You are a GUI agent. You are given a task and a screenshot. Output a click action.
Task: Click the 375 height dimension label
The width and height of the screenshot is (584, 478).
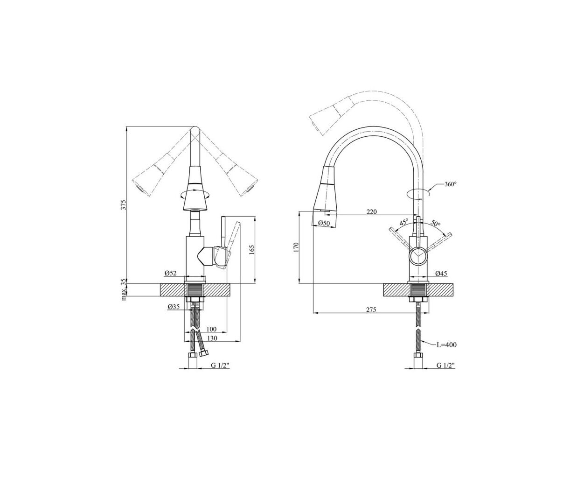(125, 204)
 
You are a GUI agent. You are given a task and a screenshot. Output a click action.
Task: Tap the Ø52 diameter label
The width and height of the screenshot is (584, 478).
(171, 273)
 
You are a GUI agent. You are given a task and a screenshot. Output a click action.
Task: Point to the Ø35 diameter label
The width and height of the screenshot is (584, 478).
(174, 307)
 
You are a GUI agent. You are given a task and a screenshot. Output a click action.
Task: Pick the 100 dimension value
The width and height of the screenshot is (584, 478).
(211, 329)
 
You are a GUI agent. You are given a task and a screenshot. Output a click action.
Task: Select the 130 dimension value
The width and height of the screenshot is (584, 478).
(212, 338)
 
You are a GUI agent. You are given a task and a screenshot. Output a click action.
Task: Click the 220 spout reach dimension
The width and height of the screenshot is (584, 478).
(372, 212)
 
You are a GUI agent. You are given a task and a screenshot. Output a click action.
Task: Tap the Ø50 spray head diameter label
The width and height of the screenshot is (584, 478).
(324, 223)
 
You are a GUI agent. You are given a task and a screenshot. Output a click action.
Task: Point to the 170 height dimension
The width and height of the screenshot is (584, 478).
(296, 246)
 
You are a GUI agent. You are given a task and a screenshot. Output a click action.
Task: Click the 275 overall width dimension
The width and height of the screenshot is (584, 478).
(371, 310)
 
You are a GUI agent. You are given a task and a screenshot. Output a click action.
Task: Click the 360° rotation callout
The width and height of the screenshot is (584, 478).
(451, 184)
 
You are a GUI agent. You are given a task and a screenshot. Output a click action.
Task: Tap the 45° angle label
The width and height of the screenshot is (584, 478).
(404, 222)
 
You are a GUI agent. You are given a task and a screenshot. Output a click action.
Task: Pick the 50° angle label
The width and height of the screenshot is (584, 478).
(436, 223)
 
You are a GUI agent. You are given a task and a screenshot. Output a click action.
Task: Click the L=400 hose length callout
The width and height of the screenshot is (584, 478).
(446, 345)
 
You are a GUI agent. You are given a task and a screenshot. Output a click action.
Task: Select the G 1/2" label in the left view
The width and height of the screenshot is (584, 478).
(221, 366)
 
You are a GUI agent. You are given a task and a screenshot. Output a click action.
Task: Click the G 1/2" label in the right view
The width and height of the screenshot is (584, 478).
(446, 366)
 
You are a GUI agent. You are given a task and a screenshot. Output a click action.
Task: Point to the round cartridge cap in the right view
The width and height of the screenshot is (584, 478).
(418, 255)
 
